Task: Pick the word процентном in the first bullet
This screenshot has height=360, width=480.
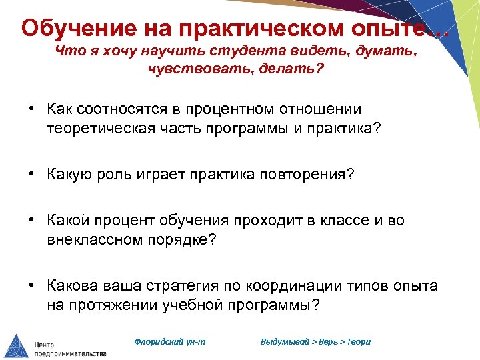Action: (213, 109)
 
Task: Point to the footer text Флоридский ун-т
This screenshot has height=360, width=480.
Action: (170, 341)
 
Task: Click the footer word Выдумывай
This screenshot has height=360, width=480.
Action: (285, 341)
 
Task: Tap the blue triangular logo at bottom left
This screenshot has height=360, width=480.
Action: (16, 344)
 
